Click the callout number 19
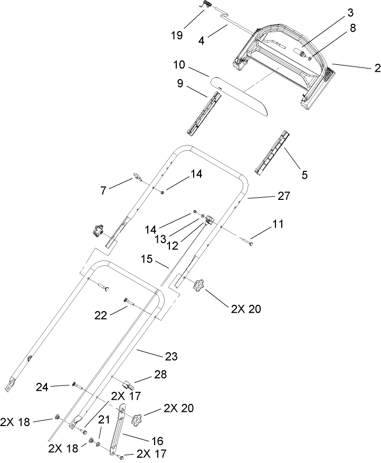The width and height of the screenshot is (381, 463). (177, 35)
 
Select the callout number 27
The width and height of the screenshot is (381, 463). (284, 196)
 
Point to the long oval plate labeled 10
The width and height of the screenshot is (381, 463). (241, 95)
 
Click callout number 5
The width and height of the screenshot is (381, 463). (304, 175)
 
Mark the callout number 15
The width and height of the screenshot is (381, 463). (147, 259)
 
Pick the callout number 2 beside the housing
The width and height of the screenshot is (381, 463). (377, 67)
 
